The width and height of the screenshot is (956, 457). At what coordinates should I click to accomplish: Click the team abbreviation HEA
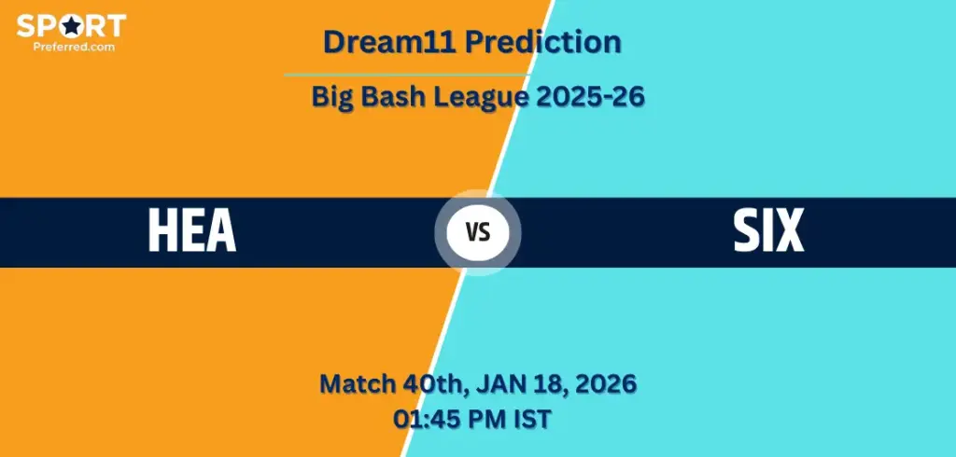(192, 231)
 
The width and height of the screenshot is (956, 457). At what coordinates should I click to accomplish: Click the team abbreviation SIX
(768, 231)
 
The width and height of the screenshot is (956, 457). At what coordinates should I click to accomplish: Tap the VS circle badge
(478, 232)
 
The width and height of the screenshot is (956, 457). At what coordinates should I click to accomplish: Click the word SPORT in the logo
(71, 25)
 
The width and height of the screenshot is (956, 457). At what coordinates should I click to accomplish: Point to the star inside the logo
(71, 25)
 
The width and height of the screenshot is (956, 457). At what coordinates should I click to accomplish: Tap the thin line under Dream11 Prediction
(407, 75)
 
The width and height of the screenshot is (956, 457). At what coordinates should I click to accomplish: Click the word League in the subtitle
(482, 97)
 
